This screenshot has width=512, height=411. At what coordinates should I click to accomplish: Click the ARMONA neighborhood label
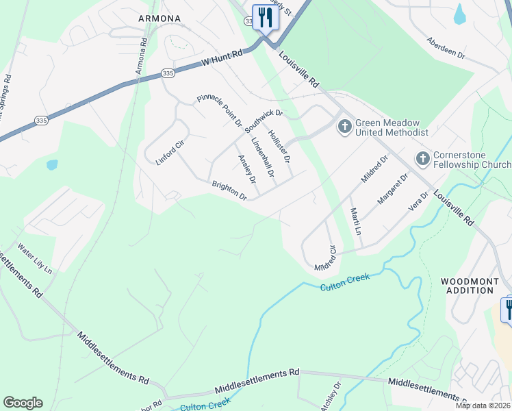point(159,18)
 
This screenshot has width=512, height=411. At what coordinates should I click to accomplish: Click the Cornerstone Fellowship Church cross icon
point(423,159)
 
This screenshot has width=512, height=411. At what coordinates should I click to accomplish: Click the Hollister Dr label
point(280,145)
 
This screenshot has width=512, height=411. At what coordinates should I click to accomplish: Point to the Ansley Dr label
point(246,169)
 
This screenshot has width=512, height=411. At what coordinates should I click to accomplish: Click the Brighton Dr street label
point(229,190)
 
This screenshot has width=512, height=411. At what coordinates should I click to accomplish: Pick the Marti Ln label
point(355,221)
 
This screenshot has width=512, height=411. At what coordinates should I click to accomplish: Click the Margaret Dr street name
point(393,189)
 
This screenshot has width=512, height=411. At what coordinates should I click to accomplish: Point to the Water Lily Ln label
point(35,258)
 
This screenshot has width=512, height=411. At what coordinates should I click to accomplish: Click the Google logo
point(23,403)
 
